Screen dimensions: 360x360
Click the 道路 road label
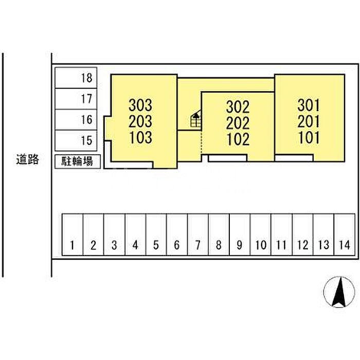[x=27, y=160]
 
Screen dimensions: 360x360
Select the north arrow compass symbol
[x=339, y=292]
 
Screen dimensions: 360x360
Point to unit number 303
[x=140, y=106]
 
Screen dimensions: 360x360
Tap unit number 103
[x=140, y=137]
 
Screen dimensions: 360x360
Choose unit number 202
[x=238, y=123]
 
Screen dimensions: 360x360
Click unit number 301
[x=309, y=105]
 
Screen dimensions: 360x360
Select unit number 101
[x=309, y=137]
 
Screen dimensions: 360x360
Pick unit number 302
[x=238, y=107]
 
